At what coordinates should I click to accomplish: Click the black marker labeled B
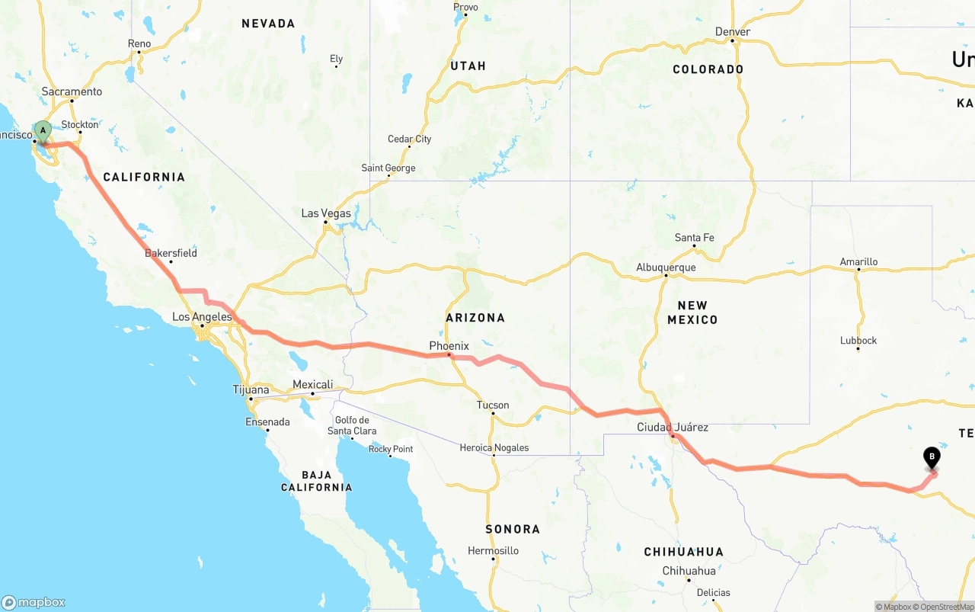(931, 457)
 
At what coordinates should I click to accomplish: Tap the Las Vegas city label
(326, 213)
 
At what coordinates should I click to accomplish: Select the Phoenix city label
(449, 346)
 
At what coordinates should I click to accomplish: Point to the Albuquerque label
(666, 268)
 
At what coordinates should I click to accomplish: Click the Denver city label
(732, 31)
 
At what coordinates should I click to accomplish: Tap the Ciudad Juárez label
(673, 428)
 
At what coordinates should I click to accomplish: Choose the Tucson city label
(493, 405)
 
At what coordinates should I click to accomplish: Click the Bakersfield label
(171, 253)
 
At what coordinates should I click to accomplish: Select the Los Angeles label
(202, 317)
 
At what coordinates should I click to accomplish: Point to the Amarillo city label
(858, 261)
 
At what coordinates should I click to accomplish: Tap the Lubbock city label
(858, 341)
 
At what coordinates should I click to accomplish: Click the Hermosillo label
(493, 550)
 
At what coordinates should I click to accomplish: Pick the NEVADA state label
(268, 24)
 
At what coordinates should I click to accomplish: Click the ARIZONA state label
(475, 318)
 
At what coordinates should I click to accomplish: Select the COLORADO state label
(708, 69)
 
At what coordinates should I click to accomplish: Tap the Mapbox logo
(34, 602)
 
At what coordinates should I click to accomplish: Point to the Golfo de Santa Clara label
(352, 425)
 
